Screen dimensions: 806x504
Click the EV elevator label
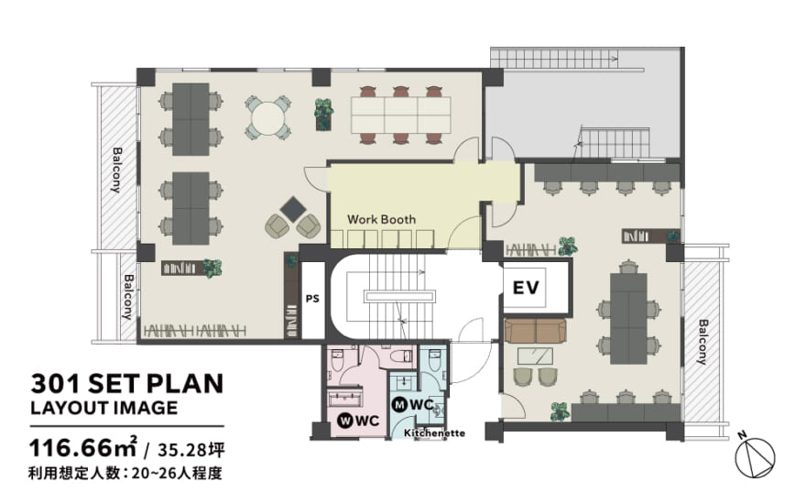coord(526,288)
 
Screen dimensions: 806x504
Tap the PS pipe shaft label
coord(312,299)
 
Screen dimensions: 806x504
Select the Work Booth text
coord(381,220)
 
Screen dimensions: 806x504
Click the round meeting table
coord(267,118)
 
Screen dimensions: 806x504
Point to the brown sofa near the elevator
coord(536,331)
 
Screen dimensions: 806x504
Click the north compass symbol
coord(754,456)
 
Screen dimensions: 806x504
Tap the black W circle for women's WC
coord(344,421)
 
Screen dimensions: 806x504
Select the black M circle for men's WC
coord(399,405)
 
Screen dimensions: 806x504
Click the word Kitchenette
coord(434,433)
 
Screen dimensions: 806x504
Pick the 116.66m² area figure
coord(83,447)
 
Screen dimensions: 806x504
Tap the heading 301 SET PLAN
coord(127,384)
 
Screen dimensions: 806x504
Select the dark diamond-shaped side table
coord(293,209)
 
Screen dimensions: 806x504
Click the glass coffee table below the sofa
coord(535,356)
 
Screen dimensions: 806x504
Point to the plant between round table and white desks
coord(324,115)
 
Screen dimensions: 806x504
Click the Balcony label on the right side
coord(703,342)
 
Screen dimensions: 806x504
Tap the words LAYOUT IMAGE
coord(103,409)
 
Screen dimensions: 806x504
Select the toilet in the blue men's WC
coord(434,360)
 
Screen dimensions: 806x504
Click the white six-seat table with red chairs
coord(401,115)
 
